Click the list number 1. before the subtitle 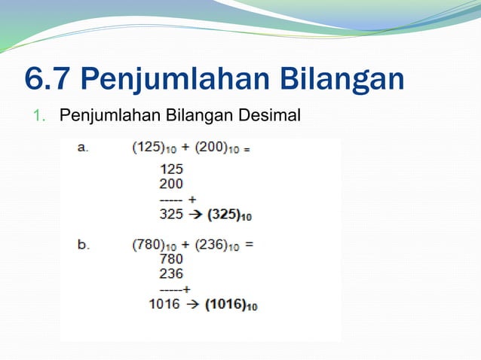tap(40, 116)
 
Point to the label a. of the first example tap(83, 148)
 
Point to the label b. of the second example tap(83, 245)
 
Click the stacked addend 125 tap(171, 169)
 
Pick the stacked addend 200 tap(171, 183)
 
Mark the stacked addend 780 tap(171, 259)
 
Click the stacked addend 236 tap(171, 273)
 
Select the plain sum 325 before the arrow tap(171, 215)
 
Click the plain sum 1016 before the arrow tap(164, 304)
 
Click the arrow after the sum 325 tap(194, 215)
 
